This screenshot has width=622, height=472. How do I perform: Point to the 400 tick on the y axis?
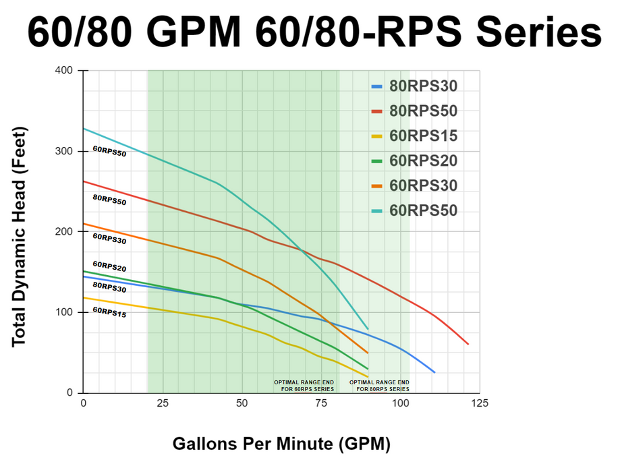(x=65, y=71)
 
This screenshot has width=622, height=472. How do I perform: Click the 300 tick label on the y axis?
(x=65, y=151)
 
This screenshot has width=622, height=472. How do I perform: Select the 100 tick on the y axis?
(x=65, y=312)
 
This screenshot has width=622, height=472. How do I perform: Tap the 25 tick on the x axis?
(x=163, y=403)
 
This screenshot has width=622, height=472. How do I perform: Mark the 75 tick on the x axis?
(x=322, y=403)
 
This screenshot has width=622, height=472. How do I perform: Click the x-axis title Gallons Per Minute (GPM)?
(x=281, y=444)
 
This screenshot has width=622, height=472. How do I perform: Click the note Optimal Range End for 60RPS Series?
(x=304, y=386)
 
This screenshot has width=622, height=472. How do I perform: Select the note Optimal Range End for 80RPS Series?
(x=379, y=386)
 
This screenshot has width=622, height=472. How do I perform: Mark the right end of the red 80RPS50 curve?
(x=468, y=344)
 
